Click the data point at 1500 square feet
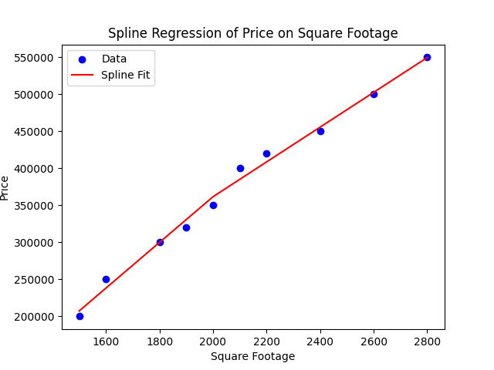(80, 316)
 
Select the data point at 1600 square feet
(106, 279)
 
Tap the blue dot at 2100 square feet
(240, 168)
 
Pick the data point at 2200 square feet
(266, 153)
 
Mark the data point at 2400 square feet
(320, 131)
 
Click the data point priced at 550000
(427, 57)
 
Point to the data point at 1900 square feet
(186, 227)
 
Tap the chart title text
(252, 33)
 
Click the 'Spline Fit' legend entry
(126, 76)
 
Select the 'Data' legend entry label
(114, 59)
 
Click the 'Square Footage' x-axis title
(252, 357)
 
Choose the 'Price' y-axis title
(5, 187)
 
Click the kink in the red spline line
(213, 197)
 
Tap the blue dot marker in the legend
(82, 59)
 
